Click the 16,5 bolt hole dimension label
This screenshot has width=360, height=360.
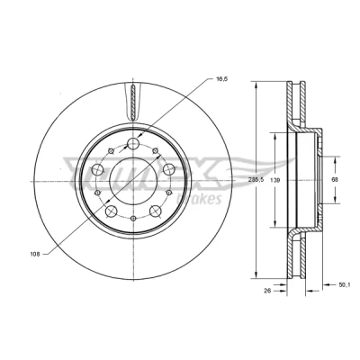point(222,79)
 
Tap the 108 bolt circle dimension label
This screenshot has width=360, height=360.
point(35,255)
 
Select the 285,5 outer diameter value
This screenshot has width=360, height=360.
point(256,180)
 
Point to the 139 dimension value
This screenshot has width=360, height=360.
point(275,180)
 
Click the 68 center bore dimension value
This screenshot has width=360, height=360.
point(335,180)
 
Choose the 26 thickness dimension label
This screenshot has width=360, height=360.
point(268,291)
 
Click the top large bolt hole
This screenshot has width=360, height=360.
point(133,143)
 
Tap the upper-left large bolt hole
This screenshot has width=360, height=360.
point(97,169)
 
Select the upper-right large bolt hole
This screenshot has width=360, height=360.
point(168,169)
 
